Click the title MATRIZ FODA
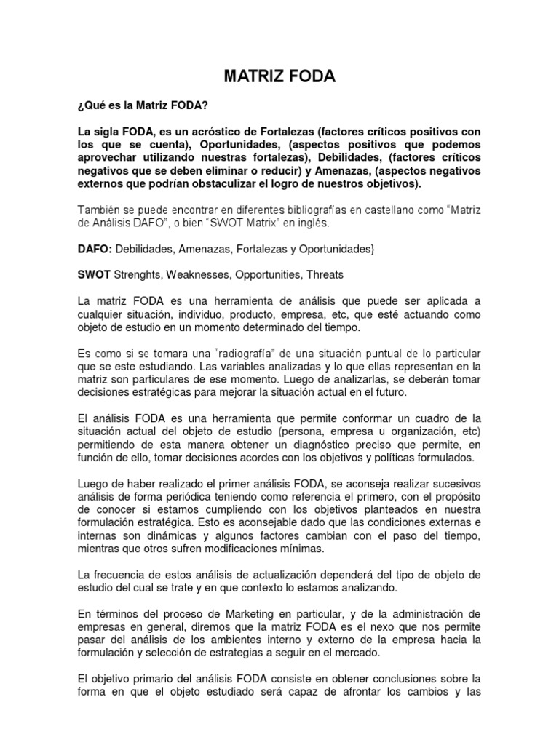(x=279, y=77)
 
